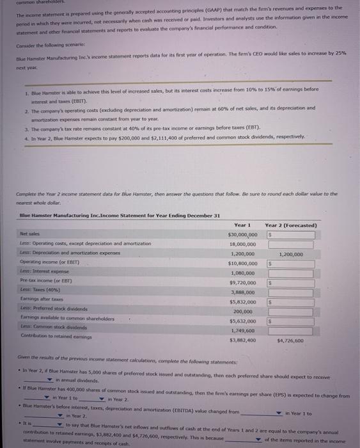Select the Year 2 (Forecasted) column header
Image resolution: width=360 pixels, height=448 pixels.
pos(291,225)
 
